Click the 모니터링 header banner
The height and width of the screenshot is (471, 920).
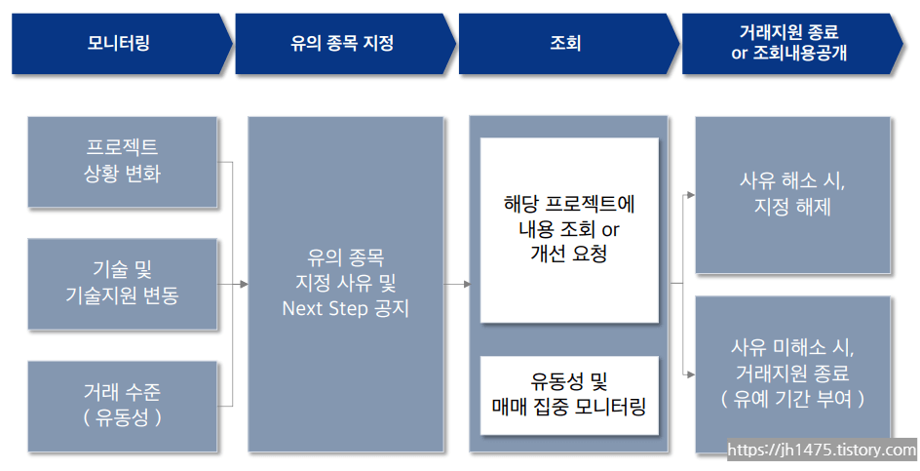click(117, 43)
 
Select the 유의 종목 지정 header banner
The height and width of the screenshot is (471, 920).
click(341, 43)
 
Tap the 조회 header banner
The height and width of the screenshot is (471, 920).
click(564, 43)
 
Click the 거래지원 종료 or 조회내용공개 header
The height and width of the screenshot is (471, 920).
click(788, 43)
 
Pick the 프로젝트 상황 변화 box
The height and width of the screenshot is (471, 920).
click(122, 161)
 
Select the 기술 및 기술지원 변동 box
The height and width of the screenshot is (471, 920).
click(122, 283)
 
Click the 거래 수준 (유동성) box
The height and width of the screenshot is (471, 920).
click(122, 405)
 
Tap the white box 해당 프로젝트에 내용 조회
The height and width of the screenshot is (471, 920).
click(569, 229)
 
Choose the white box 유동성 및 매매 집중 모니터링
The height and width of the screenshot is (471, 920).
click(569, 395)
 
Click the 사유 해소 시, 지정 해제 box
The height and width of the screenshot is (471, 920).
click(792, 195)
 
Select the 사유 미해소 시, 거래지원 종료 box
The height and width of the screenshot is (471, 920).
click(792, 373)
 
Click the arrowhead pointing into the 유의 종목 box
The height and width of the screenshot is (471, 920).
click(243, 284)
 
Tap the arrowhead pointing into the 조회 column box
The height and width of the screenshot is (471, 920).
click(466, 284)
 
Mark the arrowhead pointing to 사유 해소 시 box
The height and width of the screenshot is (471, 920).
click(690, 195)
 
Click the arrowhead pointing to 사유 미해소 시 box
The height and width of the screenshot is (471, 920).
click(690, 373)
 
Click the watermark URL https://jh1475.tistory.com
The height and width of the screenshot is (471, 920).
click(822, 451)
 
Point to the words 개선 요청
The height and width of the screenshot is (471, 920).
click(569, 254)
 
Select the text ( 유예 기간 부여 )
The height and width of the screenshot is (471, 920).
click(792, 399)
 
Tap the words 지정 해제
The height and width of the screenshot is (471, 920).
click(792, 208)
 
